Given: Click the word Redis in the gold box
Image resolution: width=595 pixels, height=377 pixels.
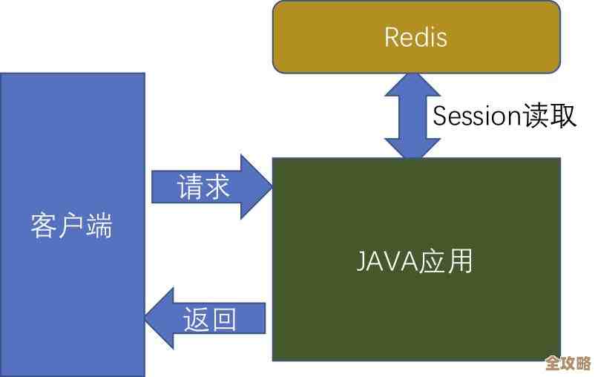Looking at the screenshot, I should pos(415,36).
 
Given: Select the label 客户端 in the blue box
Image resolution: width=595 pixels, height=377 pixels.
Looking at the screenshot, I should pos(72,226).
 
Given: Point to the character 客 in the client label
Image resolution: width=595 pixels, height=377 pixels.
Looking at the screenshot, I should pos(45,226).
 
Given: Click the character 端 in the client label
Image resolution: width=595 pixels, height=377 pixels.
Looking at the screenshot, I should pos(99,226).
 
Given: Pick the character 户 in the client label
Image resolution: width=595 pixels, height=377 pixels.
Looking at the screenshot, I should pos(72,226).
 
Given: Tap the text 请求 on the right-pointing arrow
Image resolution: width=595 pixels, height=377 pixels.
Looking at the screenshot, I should pos(203,186).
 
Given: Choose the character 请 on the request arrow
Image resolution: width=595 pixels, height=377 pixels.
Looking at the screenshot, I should pos(190,186).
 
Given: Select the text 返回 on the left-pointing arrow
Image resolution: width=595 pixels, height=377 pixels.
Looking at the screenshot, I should pos(210,318).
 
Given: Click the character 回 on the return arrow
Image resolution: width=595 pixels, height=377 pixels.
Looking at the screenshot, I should pos(224,318).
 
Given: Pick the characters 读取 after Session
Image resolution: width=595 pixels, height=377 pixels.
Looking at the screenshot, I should pos(548,117).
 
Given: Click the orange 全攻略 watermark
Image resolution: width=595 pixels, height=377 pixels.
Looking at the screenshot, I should pos(568,363).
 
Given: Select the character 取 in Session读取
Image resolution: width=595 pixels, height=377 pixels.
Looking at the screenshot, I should pos(562,117).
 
